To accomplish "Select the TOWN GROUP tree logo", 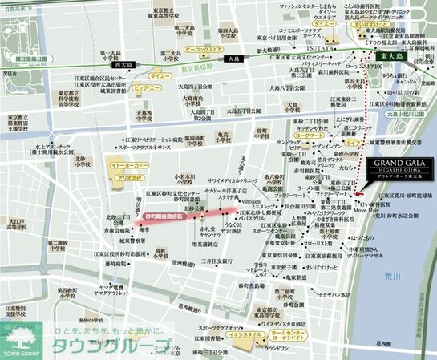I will [18, 334].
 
